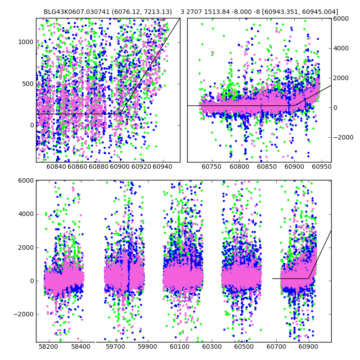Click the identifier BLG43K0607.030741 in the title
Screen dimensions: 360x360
(x=73, y=12)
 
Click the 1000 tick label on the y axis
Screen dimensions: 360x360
(x=27, y=42)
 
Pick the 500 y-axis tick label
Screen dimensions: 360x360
(x=28, y=84)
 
